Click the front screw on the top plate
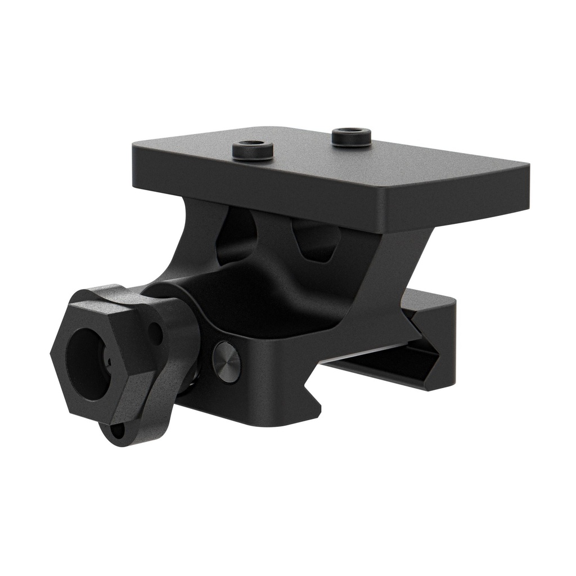coord(253,151)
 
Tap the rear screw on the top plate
coord(351,137)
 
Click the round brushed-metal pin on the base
coord(227,362)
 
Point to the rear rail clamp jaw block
coord(433,337)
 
